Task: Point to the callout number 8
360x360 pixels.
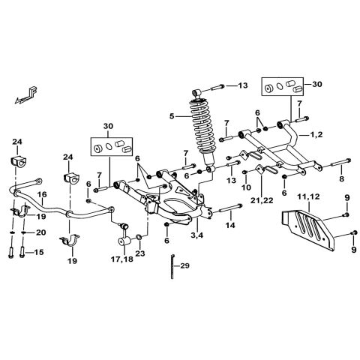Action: [341, 179]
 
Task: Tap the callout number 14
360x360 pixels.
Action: [230, 224]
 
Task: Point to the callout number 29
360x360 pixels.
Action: [185, 265]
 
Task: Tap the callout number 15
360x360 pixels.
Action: [40, 252]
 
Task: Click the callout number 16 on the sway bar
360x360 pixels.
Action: [42, 193]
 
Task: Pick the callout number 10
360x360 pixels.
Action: [246, 188]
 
